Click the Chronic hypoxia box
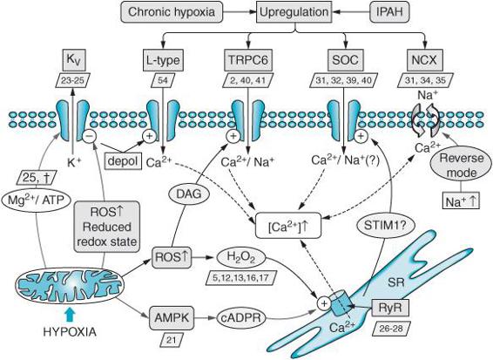click(172, 12)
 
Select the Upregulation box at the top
click(294, 12)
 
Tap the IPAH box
click(390, 12)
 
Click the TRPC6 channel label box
click(248, 60)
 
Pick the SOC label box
click(346, 60)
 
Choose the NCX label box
click(424, 60)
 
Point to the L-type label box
click(163, 60)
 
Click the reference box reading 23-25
click(72, 80)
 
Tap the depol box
click(123, 161)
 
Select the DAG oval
click(189, 194)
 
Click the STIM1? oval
click(386, 225)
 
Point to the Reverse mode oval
click(462, 166)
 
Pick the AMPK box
click(172, 317)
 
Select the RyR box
click(390, 307)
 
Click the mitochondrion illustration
click(70, 286)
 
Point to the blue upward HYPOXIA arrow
click(70, 315)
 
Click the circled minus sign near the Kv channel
click(89, 136)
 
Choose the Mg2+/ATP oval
click(36, 200)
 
